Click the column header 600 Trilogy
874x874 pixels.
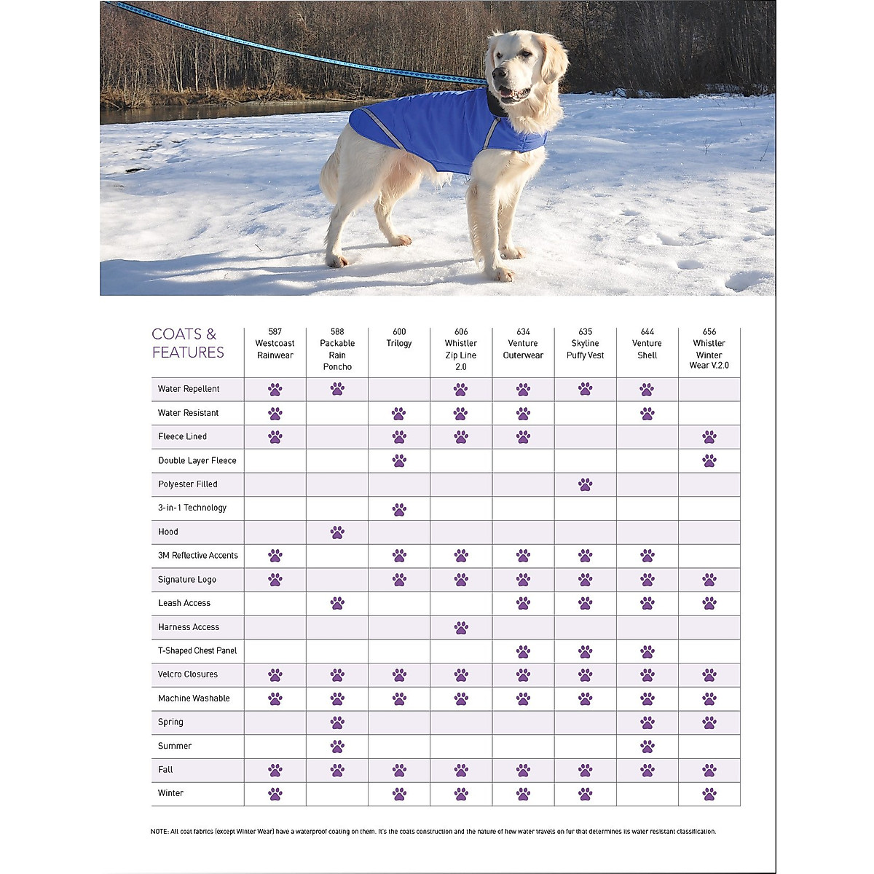tap(399, 337)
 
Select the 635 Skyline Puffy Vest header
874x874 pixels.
tap(585, 343)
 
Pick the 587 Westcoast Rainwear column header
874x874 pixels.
tap(275, 343)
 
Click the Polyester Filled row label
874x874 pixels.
tap(188, 484)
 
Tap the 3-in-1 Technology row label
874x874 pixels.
tap(192, 508)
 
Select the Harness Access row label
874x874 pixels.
tap(189, 627)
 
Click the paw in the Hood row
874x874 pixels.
tap(337, 532)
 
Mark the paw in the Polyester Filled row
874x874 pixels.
tap(585, 484)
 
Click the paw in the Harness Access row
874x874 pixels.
tap(461, 627)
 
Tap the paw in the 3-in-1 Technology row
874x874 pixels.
tap(399, 509)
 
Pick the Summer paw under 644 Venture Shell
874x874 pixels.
tap(647, 746)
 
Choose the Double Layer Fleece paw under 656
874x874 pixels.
tap(709, 460)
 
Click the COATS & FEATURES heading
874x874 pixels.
tap(188, 343)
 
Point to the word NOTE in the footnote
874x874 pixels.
tap(159, 831)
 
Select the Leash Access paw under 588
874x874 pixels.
tap(337, 603)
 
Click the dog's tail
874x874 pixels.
tap(329, 175)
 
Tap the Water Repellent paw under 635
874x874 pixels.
tap(585, 389)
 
